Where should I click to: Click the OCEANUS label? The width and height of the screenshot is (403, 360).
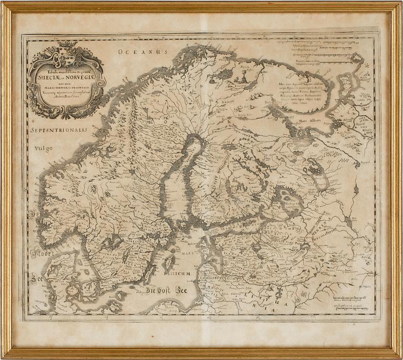click(x=142, y=51)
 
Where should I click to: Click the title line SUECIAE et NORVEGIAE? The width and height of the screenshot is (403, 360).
click(x=67, y=79)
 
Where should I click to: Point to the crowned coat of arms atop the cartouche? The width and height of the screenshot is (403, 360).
click(x=67, y=55)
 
